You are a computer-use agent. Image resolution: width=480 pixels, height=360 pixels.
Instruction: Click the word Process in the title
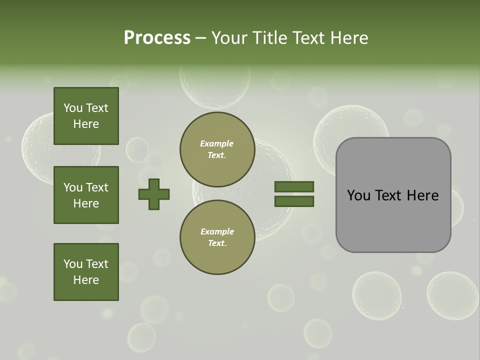pyautogui.click(x=157, y=38)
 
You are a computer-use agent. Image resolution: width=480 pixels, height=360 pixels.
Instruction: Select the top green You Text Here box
pyautogui.click(x=86, y=116)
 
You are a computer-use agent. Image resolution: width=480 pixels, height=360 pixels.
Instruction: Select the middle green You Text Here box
pyautogui.click(x=86, y=195)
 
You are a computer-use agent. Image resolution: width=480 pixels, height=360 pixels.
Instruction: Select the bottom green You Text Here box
pyautogui.click(x=86, y=272)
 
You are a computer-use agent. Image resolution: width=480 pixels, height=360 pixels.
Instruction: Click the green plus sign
pyautogui.click(x=154, y=194)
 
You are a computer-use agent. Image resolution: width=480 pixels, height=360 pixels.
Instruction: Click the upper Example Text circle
pyautogui.click(x=217, y=149)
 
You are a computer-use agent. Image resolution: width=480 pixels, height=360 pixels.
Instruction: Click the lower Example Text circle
pyautogui.click(x=217, y=237)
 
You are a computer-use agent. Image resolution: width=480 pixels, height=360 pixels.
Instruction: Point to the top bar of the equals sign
pyautogui.click(x=294, y=187)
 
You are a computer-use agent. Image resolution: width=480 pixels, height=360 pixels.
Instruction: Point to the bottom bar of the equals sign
pyautogui.click(x=294, y=201)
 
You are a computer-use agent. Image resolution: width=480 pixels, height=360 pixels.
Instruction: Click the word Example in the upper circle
pyautogui.click(x=217, y=143)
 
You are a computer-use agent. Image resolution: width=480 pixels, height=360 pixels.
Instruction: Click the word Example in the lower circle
pyautogui.click(x=217, y=231)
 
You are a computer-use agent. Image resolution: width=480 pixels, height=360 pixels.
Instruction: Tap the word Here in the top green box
pyautogui.click(x=86, y=124)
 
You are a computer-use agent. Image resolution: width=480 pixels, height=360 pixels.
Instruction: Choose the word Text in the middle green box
pyautogui.click(x=97, y=187)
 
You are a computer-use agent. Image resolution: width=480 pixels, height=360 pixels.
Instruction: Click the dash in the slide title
pyautogui.click(x=201, y=38)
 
